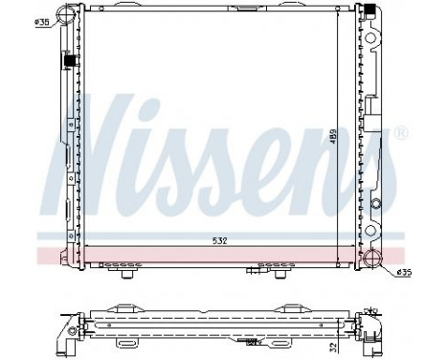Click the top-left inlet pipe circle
tap(65, 15)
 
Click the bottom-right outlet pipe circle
tap(381, 259)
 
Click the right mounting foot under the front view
tap(279, 274)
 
